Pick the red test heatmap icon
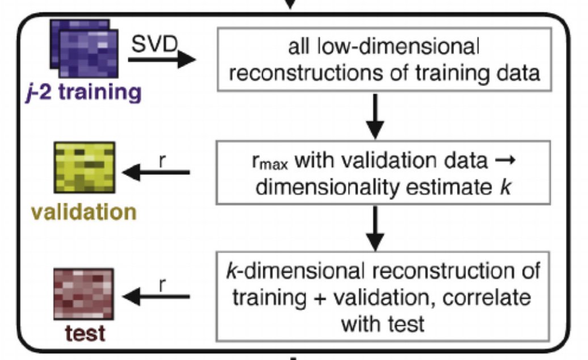click(85, 295)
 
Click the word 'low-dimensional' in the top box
click(409, 48)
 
